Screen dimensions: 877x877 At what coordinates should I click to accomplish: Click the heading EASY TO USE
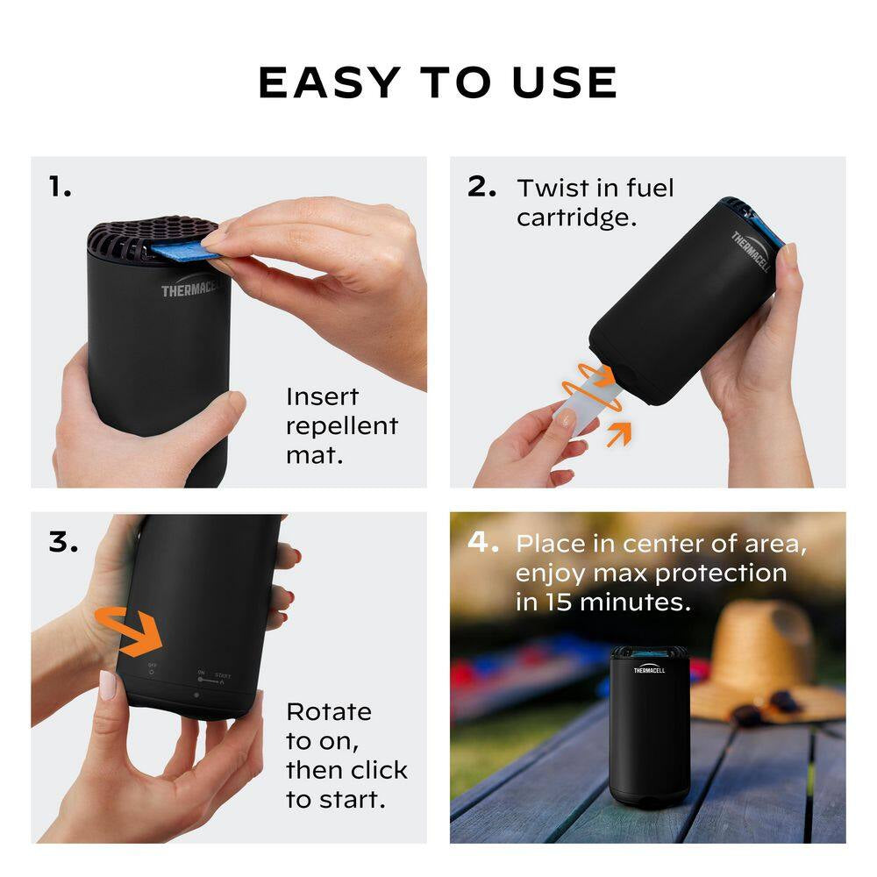[x=438, y=82]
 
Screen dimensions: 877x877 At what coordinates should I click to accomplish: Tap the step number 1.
[x=60, y=186]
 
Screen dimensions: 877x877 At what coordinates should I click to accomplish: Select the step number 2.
[x=481, y=186]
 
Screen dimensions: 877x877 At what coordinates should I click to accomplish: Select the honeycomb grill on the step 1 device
[x=149, y=232]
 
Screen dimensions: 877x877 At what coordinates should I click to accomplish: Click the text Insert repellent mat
[x=341, y=426]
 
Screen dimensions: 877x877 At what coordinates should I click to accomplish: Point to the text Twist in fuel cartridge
[x=595, y=203]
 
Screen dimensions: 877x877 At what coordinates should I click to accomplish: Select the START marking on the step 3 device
[x=223, y=675]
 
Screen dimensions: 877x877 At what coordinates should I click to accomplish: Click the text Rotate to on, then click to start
[x=346, y=755]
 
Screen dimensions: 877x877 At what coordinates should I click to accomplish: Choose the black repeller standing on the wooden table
[x=649, y=723]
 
